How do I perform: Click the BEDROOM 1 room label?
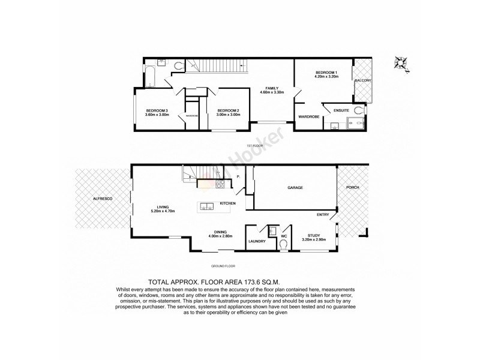point(328,73)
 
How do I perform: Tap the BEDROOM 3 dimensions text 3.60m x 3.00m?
point(157,115)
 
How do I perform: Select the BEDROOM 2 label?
point(229,110)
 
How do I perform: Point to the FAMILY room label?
point(271,88)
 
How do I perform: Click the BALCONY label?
point(363,80)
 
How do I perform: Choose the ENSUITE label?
point(334,110)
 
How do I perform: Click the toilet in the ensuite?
point(359,110)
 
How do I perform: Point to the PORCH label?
point(352,188)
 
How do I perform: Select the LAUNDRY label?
point(257,241)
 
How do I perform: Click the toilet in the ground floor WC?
point(284,244)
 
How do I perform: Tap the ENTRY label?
point(323,214)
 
